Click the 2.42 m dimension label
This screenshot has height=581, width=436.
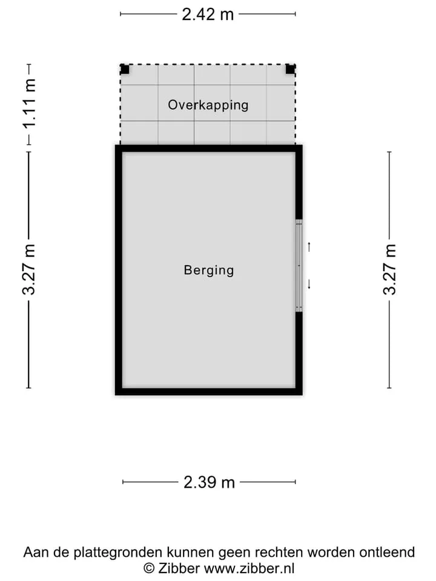[208, 15]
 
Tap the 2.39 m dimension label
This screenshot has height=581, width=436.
[209, 482]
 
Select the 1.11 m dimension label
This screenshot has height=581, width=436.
[29, 103]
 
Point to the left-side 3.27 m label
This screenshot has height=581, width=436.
[29, 269]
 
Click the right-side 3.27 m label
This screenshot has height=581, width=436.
[389, 269]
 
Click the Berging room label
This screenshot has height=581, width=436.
[209, 270]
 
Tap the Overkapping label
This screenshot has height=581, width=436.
[208, 105]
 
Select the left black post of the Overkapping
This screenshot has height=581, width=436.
[125, 69]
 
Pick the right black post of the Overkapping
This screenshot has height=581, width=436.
[290, 69]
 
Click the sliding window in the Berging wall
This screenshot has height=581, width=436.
[299, 265]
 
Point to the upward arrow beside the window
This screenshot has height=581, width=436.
[309, 247]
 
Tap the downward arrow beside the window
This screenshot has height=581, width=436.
[309, 284]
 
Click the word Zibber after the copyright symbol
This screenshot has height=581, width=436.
[179, 568]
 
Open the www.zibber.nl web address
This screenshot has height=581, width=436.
[249, 568]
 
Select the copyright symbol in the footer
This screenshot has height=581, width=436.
[149, 568]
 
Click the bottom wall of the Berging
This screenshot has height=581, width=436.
[209, 392]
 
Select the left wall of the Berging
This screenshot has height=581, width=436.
[119, 270]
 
